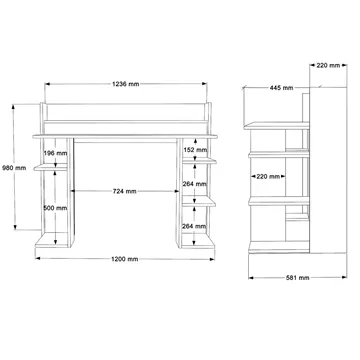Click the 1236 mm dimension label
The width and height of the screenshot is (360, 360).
coord(126,84)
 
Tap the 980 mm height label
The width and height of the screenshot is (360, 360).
coord(14,168)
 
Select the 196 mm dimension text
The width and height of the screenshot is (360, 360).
coord(55,153)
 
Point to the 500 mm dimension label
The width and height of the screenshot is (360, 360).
coord(55,208)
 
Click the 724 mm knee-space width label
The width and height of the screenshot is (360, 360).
coord(125,191)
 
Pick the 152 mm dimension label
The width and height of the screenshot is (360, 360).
coord(195,150)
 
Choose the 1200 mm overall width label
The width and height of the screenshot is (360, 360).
coord(125,259)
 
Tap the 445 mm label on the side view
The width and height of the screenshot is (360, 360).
coord(281,88)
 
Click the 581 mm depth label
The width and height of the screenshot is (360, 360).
coord(298,278)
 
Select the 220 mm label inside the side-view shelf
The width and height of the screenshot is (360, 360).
coord(268,176)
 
